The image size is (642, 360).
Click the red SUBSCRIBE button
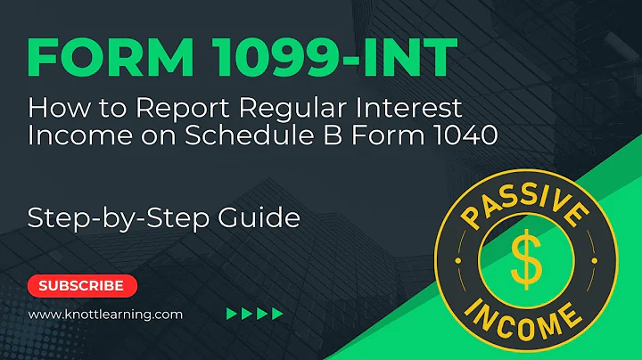tap(82, 286)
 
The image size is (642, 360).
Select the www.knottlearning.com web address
tap(105, 314)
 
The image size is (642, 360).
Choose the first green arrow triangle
tap(232, 314)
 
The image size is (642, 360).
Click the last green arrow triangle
tap(277, 314)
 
